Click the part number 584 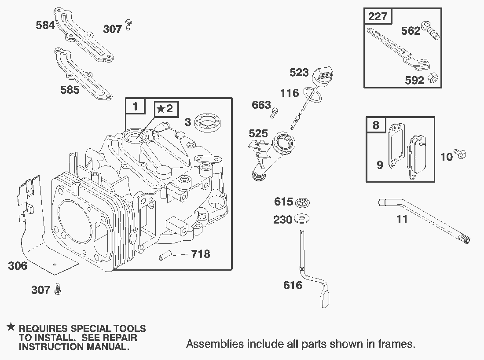point(45,25)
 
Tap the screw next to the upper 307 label point(128,25)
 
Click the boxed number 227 point(378,17)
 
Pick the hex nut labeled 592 point(432,78)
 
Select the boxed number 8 point(375,125)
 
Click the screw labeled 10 point(461,154)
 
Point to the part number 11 point(402,219)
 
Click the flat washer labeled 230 point(301,218)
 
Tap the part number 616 point(293,285)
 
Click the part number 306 point(18,266)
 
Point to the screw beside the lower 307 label point(58,289)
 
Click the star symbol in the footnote point(11,328)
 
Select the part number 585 point(70,90)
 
